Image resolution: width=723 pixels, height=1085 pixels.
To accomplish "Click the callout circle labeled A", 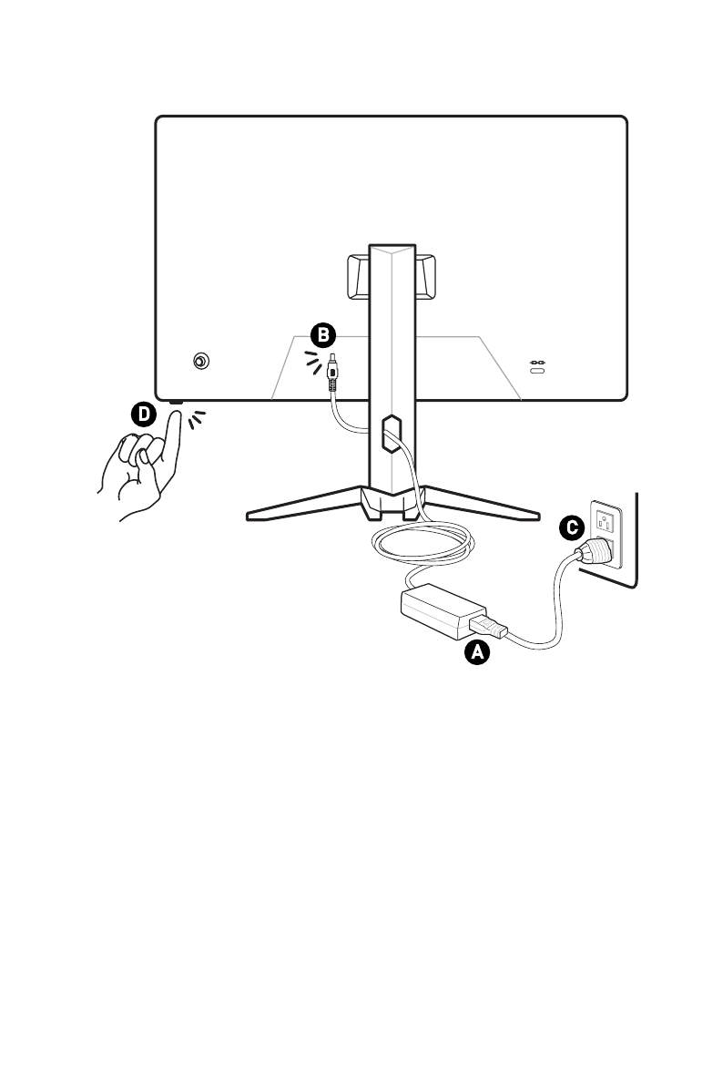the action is click(x=477, y=652).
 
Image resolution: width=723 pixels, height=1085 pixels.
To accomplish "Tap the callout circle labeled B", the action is click(x=322, y=335).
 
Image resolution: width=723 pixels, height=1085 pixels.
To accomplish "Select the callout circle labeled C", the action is click(x=572, y=528).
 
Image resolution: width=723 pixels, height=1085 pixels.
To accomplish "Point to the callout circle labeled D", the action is click(x=144, y=415).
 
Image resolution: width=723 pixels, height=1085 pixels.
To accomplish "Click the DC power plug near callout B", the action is click(x=332, y=374).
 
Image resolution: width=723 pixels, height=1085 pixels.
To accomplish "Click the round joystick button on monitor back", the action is click(x=200, y=361).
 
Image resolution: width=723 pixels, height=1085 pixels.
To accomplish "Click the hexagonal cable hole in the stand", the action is click(x=392, y=433).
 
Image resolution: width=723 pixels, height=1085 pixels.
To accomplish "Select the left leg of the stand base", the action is click(x=304, y=503).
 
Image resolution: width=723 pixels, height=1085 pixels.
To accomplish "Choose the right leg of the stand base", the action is click(x=481, y=503).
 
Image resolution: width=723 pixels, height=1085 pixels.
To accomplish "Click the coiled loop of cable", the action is click(x=423, y=542).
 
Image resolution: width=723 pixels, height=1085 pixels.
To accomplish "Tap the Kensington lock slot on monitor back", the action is click(x=537, y=371).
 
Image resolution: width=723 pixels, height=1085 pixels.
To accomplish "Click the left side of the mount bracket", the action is click(x=358, y=277).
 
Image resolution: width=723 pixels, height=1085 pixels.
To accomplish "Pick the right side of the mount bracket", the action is click(x=425, y=277).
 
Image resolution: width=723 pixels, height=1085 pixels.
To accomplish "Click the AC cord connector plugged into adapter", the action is click(x=488, y=626).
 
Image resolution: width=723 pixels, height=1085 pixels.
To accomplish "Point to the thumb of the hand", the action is click(x=144, y=463).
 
